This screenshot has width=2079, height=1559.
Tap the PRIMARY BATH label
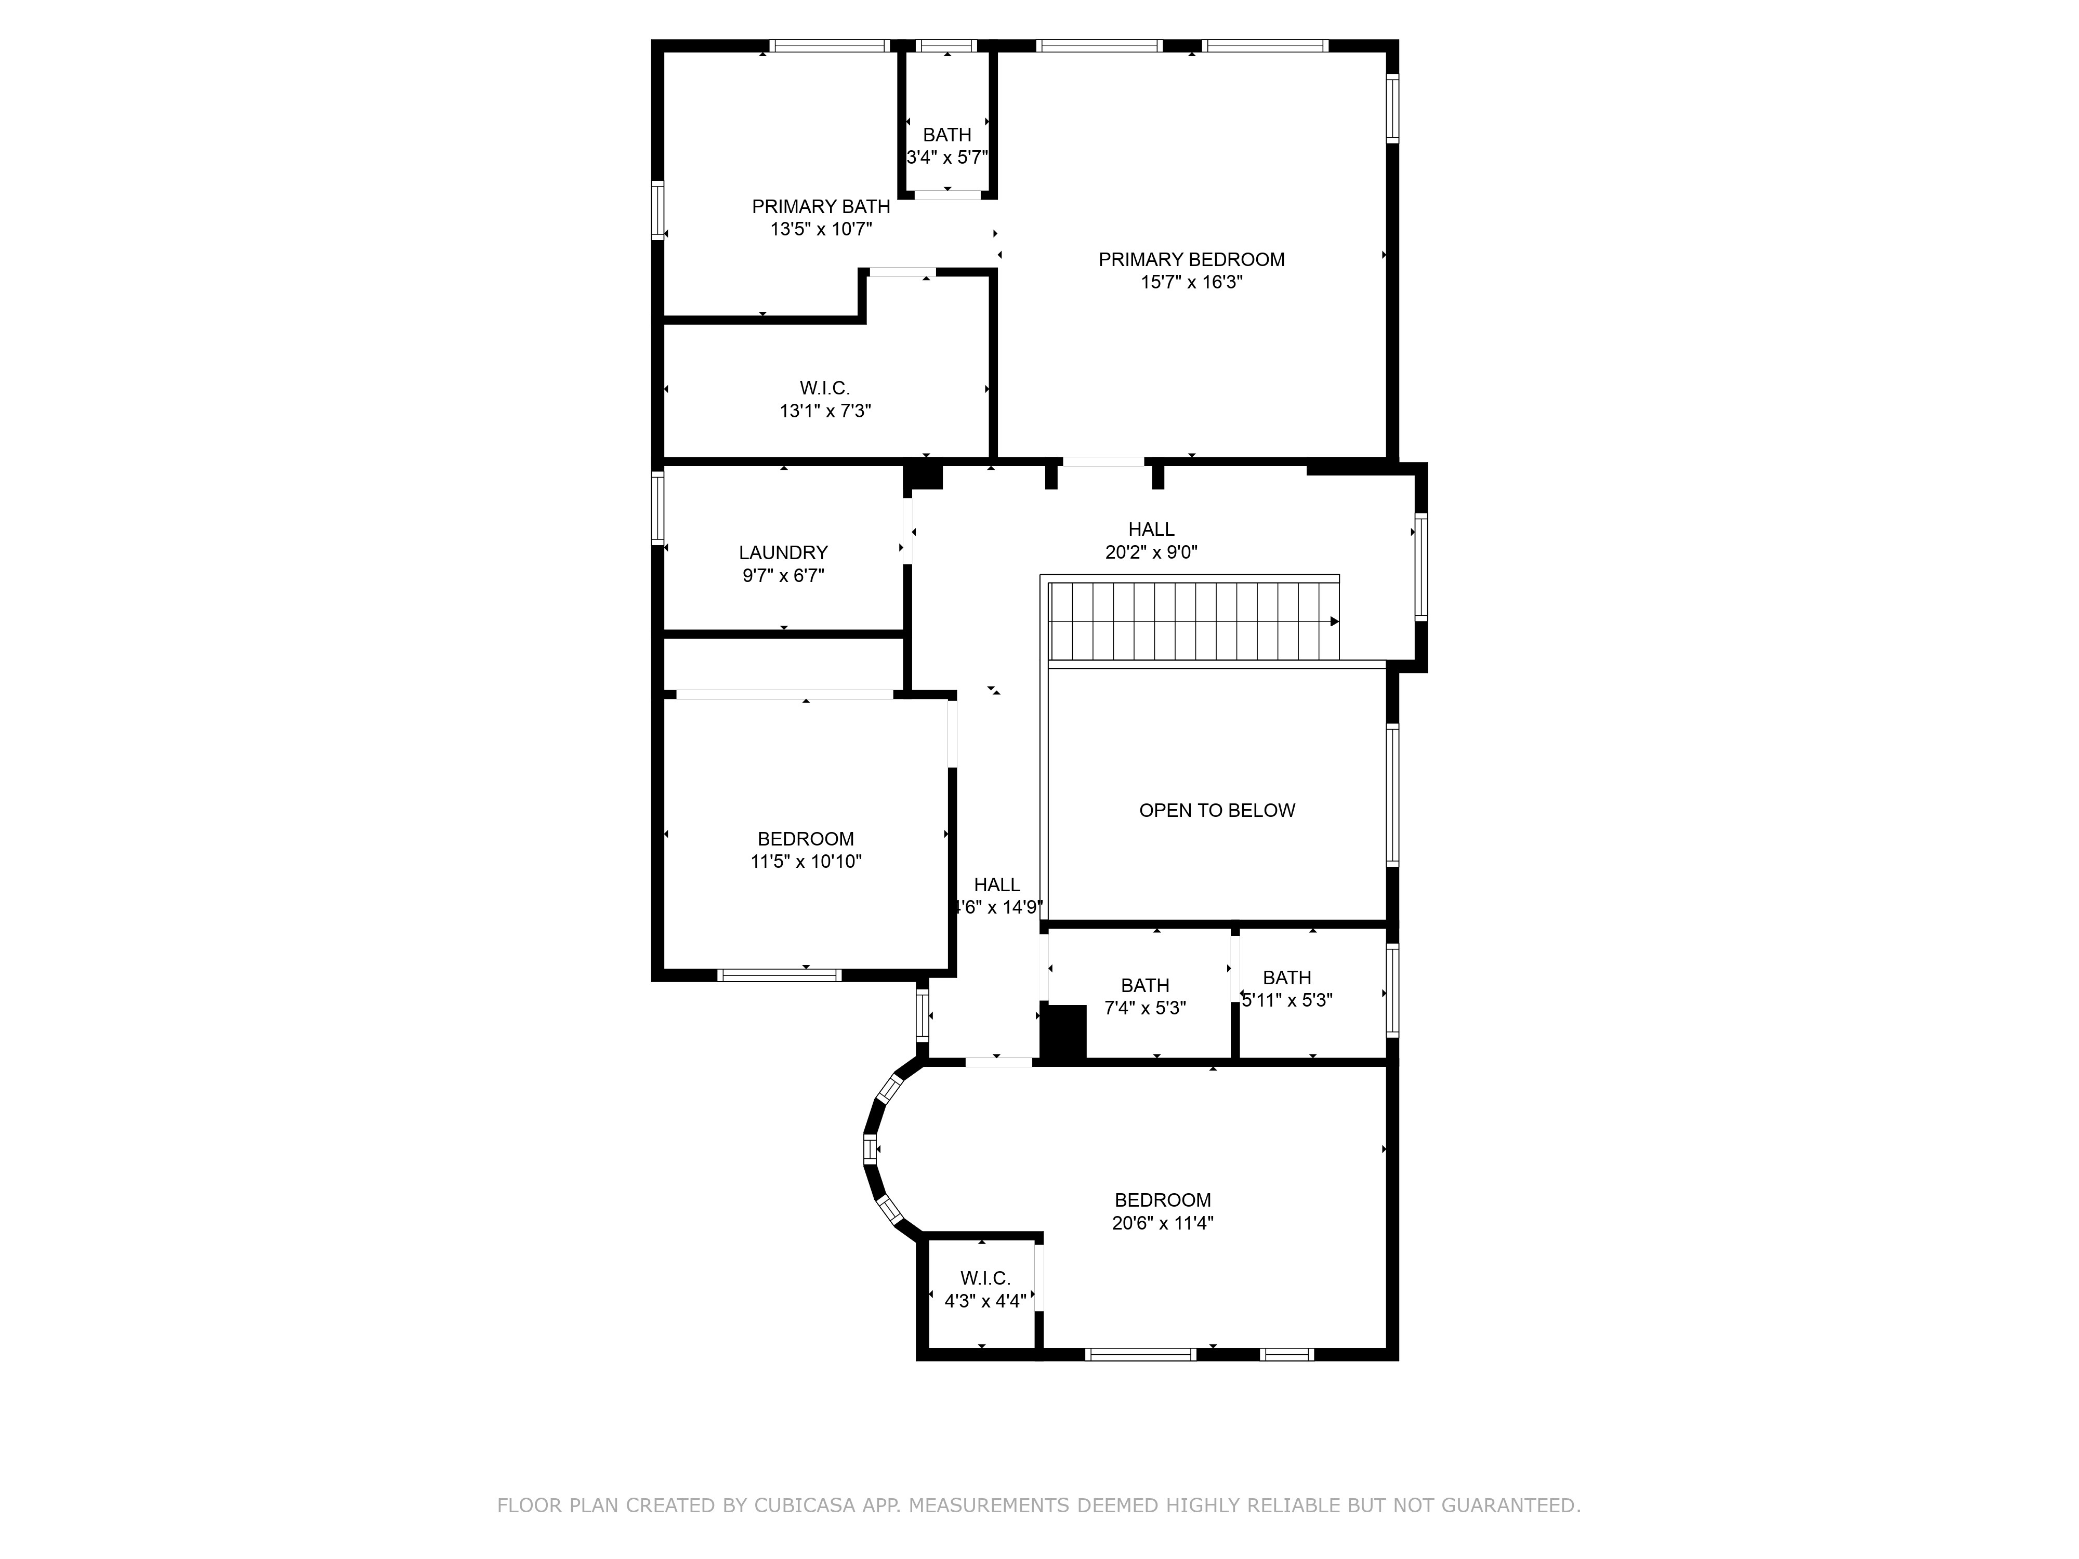pyautogui.click(x=821, y=207)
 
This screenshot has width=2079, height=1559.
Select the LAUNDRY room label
pyautogui.click(x=783, y=552)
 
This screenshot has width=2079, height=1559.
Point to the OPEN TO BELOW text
pyautogui.click(x=1217, y=810)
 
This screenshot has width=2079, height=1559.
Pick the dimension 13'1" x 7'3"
pyautogui.click(x=825, y=411)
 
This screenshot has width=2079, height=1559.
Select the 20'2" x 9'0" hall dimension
pyautogui.click(x=1151, y=552)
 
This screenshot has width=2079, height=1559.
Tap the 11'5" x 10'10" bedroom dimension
pyautogui.click(x=806, y=862)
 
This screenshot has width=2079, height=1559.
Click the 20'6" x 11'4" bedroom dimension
pyautogui.click(x=1163, y=1223)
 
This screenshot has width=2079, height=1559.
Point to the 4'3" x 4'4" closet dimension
pyautogui.click(x=985, y=1302)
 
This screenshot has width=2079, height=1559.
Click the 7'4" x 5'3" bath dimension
pyautogui.click(x=1145, y=1008)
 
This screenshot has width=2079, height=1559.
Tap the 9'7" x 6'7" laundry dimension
pyautogui.click(x=783, y=575)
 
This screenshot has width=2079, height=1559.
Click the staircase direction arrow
pyautogui.click(x=1335, y=621)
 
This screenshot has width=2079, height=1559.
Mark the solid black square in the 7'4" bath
pyautogui.click(x=1063, y=1034)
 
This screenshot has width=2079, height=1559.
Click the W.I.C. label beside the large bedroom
pyautogui.click(x=985, y=1279)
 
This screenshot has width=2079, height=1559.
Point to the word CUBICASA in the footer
pyautogui.click(x=805, y=1505)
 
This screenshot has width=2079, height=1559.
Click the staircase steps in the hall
pyautogui.click(x=1194, y=621)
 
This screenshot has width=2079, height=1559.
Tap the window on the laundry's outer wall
pyautogui.click(x=658, y=507)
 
